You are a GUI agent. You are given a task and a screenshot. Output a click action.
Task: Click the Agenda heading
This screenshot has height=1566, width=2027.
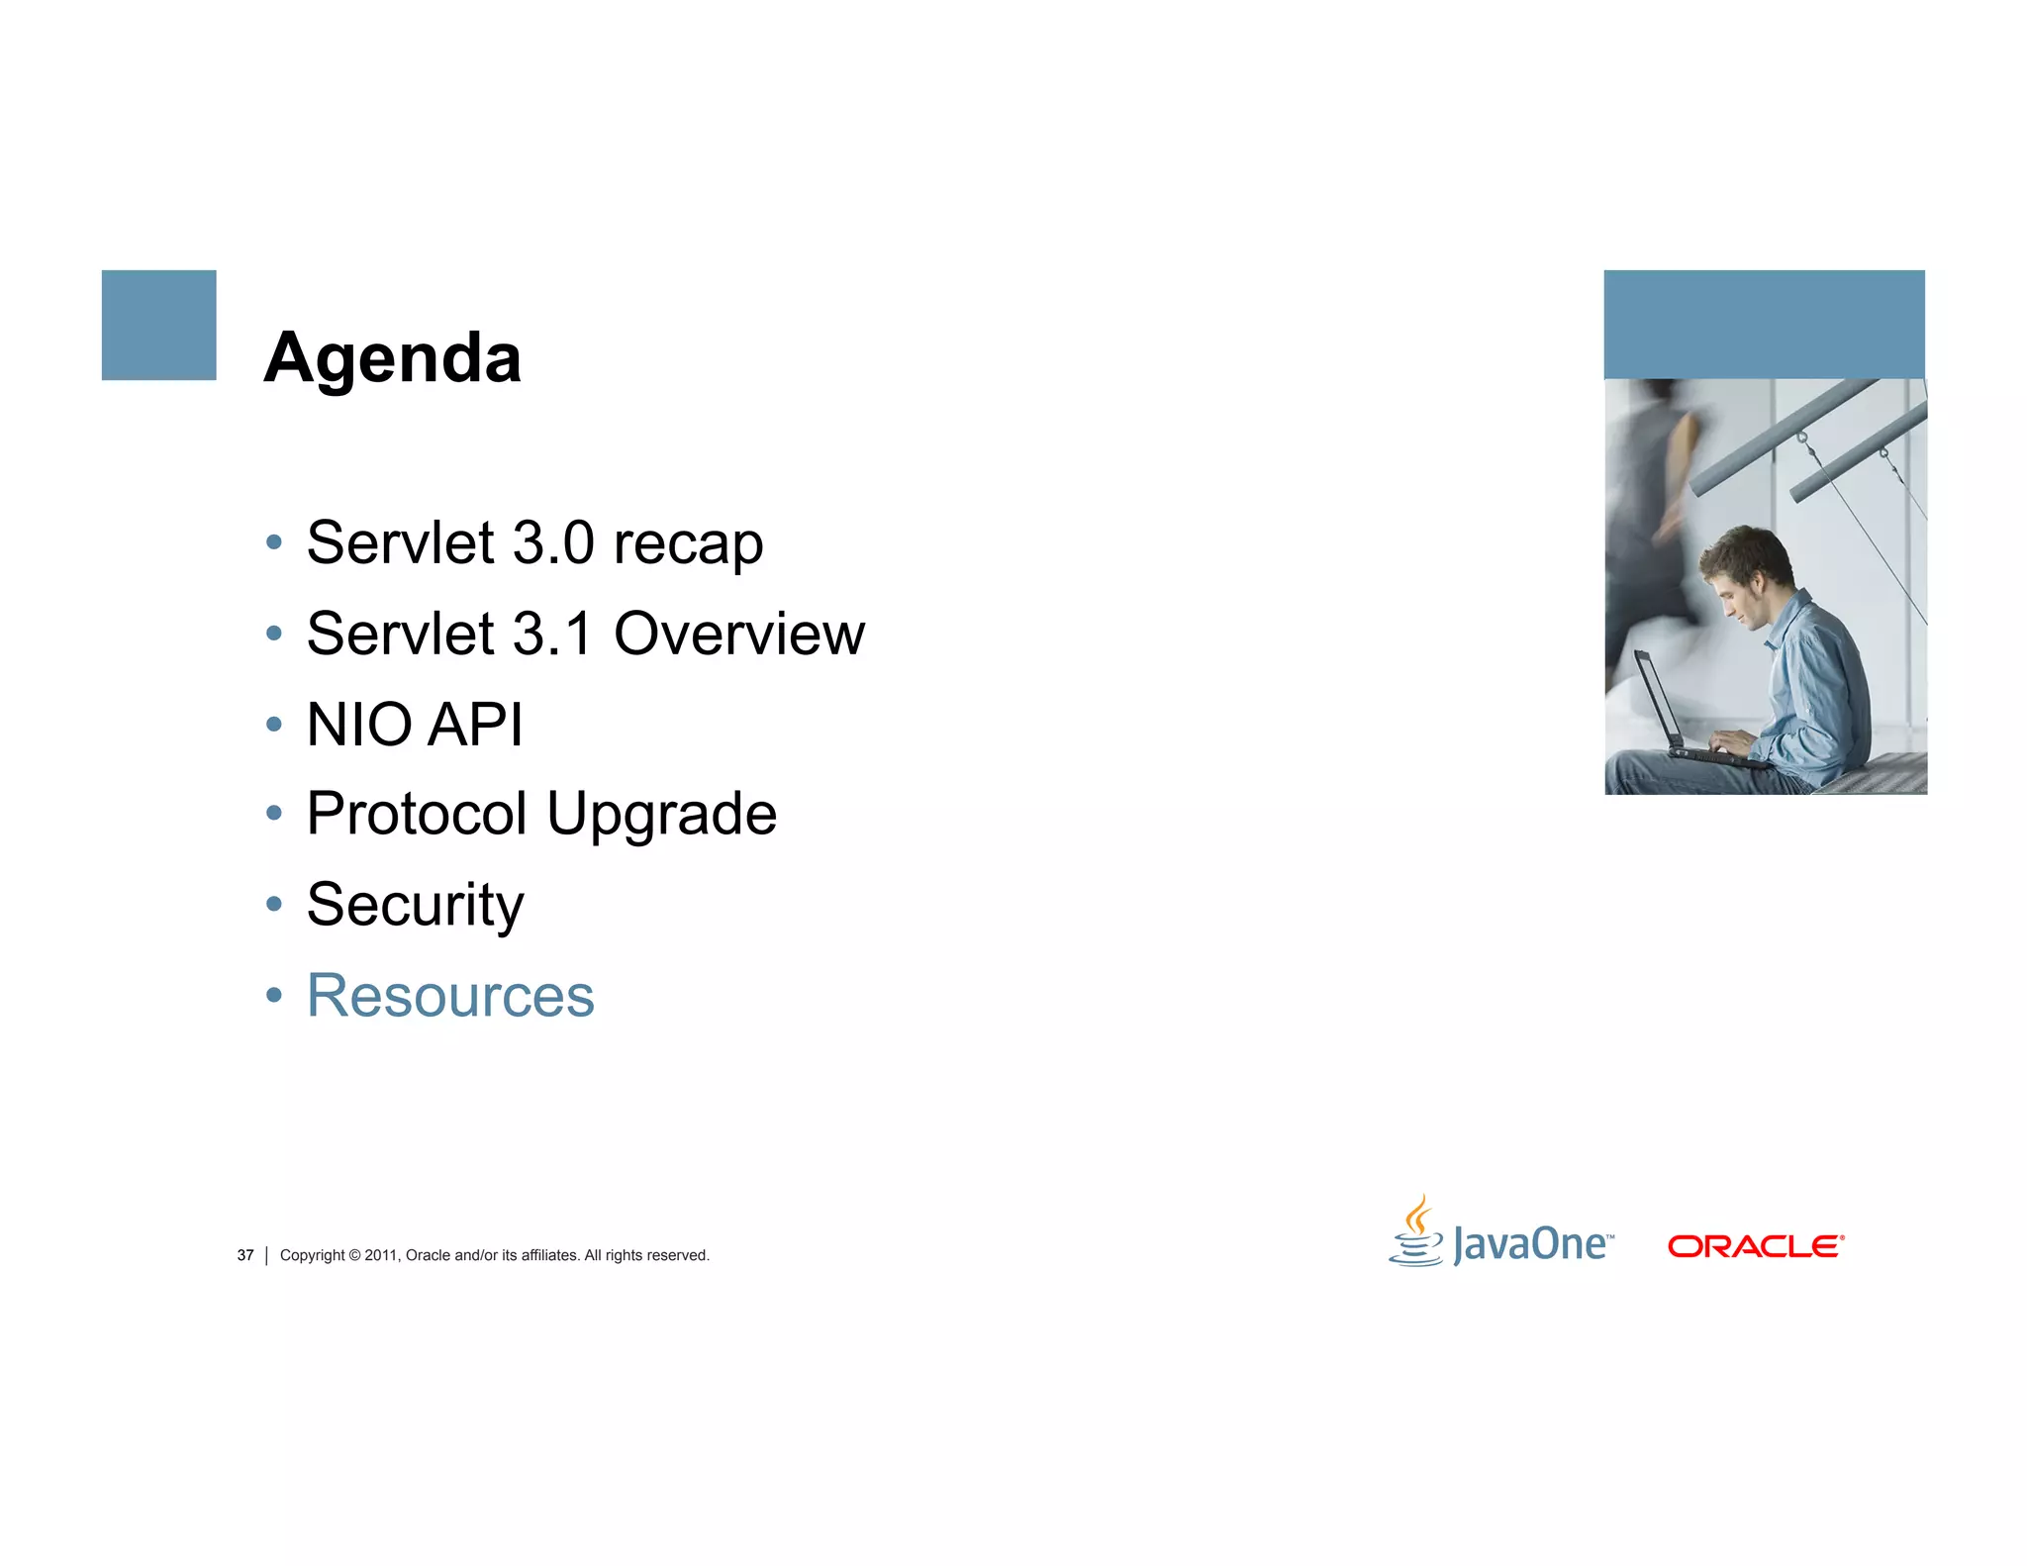(392, 358)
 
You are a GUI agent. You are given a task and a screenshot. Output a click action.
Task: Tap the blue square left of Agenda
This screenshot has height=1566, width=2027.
(158, 325)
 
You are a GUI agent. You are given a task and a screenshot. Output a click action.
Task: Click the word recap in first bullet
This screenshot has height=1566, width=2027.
(688, 544)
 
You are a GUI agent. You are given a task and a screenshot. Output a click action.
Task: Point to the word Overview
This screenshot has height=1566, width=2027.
(738, 634)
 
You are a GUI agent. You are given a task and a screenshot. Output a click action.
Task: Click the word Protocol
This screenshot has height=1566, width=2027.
(417, 815)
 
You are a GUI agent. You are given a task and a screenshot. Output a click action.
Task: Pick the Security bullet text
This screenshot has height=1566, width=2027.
(415, 906)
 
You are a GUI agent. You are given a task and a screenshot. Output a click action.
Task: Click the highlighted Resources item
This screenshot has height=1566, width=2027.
(450, 996)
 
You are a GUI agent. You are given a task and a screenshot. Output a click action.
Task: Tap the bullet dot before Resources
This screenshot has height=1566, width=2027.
(274, 995)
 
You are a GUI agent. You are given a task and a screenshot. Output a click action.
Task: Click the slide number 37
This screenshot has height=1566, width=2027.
(245, 1255)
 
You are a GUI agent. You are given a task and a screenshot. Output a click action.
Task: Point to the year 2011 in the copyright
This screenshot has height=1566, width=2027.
(380, 1255)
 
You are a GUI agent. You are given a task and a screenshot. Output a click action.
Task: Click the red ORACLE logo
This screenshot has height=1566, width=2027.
(1755, 1246)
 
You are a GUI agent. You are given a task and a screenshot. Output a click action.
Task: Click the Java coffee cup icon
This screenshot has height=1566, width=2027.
(1417, 1232)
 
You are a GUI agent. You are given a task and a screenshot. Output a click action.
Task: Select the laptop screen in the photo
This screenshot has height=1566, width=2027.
(1656, 698)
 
